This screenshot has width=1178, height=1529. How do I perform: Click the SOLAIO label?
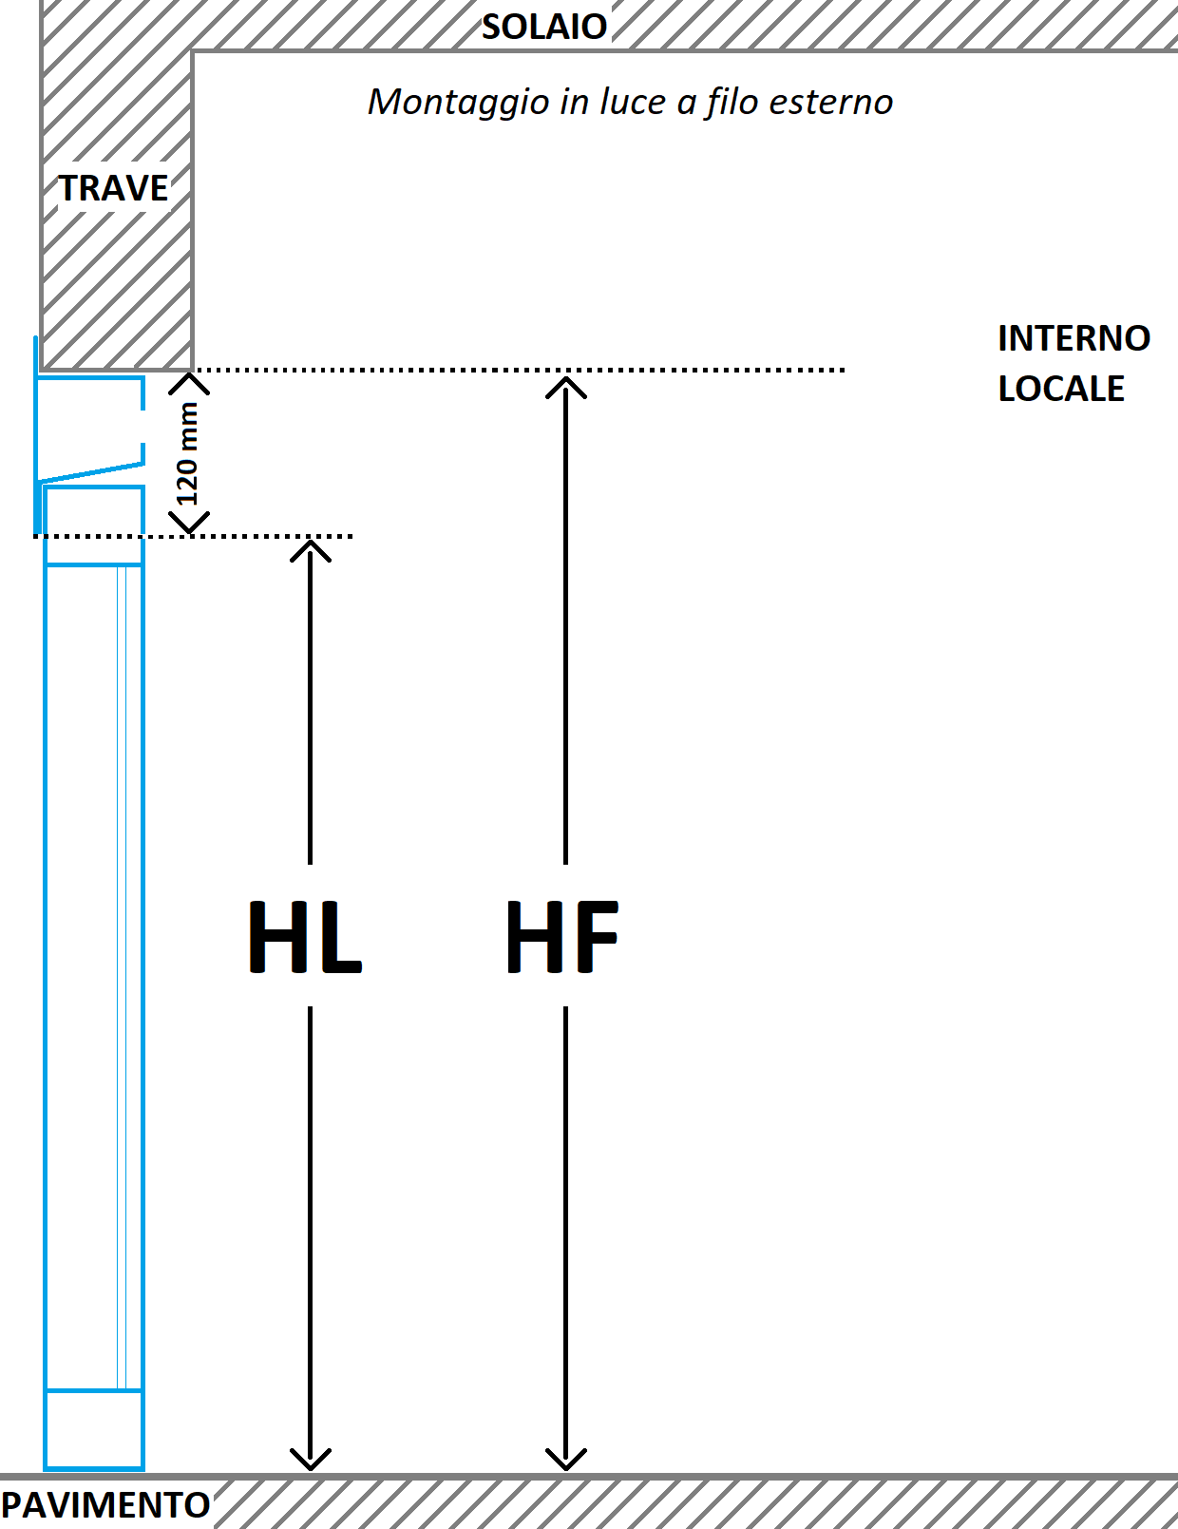(x=544, y=27)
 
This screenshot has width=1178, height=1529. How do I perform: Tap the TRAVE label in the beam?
(x=114, y=188)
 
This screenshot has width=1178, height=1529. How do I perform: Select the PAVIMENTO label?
(x=105, y=1505)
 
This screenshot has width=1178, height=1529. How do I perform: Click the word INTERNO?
(x=1073, y=338)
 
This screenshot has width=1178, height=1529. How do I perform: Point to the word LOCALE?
(x=1061, y=389)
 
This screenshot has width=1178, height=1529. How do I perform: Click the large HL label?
(x=305, y=937)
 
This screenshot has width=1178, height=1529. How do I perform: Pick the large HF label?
(x=562, y=937)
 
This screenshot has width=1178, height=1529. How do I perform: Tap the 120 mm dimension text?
(x=187, y=453)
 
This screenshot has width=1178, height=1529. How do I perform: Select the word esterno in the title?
(x=831, y=102)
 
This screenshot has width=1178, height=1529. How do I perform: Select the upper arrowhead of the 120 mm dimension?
(x=189, y=381)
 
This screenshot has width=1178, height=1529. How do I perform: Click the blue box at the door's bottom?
(x=94, y=1429)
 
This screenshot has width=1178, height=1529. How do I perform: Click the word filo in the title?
(x=731, y=102)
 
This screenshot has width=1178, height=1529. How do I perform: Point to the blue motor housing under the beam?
(x=90, y=428)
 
